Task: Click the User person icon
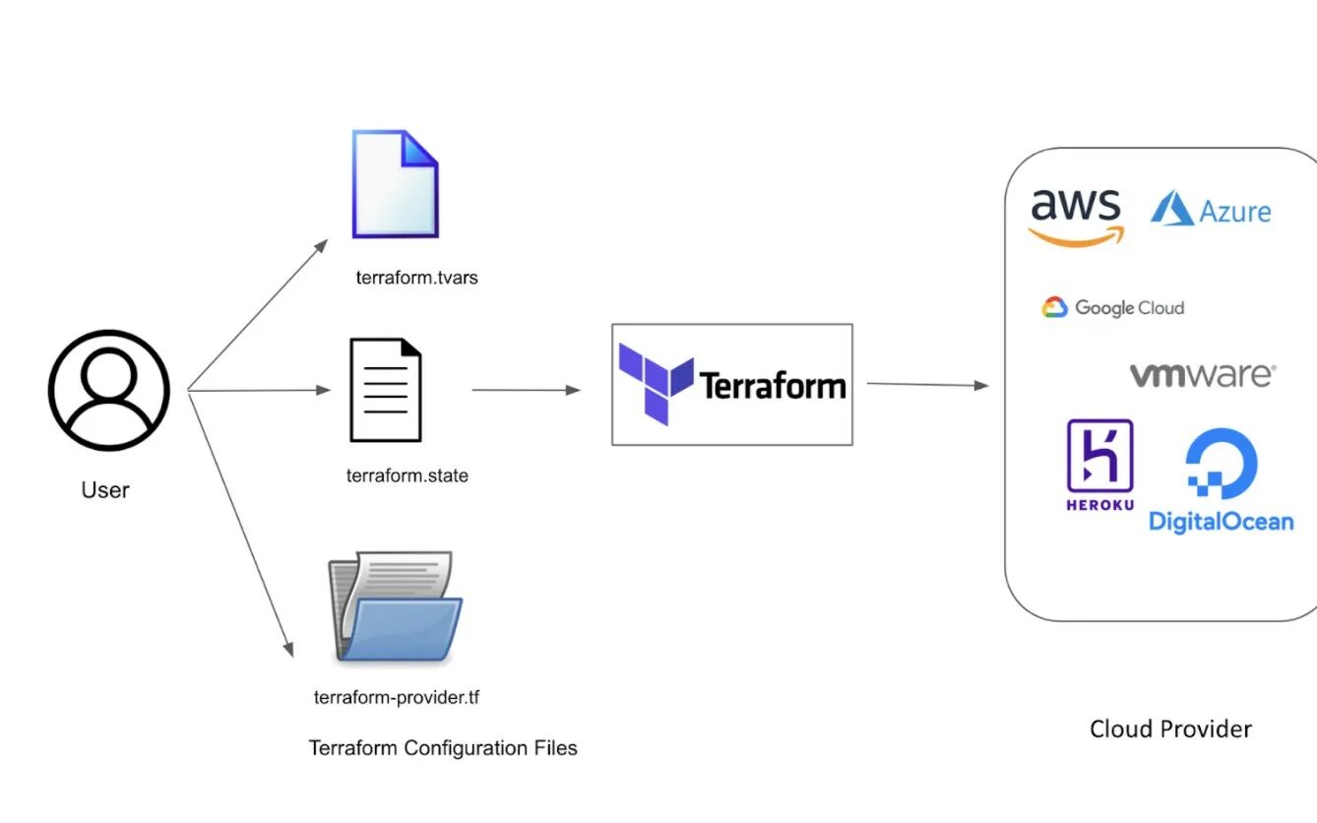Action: click(x=108, y=390)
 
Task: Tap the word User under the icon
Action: click(x=105, y=489)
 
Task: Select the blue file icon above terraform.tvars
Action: click(x=395, y=184)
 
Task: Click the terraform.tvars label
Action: click(x=416, y=278)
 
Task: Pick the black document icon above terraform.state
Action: click(x=386, y=390)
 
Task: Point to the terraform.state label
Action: click(x=407, y=475)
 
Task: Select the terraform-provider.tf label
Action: click(x=397, y=698)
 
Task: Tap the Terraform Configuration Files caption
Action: click(x=443, y=748)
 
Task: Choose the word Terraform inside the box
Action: click(x=773, y=385)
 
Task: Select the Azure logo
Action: click(x=1211, y=210)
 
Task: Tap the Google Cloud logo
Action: click(x=1112, y=308)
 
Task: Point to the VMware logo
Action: click(x=1202, y=375)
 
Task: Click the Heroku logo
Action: click(x=1099, y=465)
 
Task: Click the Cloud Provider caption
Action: click(x=1170, y=729)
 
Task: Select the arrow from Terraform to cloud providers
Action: click(x=926, y=385)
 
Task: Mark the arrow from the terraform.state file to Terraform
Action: click(x=526, y=390)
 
